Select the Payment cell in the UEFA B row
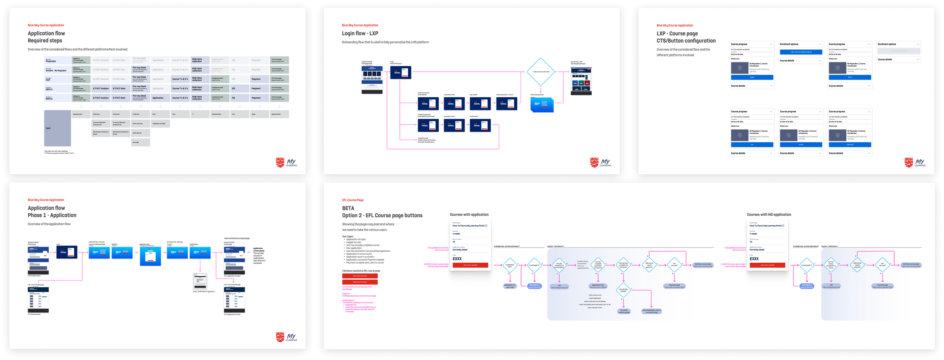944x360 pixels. click(259, 98)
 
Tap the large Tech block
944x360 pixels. click(57, 128)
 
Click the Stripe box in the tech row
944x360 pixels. click(259, 114)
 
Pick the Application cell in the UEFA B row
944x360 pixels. click(160, 98)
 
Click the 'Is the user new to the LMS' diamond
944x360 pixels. click(540, 71)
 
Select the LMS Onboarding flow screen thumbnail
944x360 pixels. click(542, 104)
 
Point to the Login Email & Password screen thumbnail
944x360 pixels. click(400, 72)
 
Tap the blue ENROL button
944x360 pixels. click(752, 77)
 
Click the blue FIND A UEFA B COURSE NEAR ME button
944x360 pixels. click(801, 52)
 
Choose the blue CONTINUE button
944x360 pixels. click(850, 145)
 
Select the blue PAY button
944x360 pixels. click(752, 145)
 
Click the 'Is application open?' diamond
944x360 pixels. click(510, 265)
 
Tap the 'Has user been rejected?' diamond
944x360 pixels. click(623, 290)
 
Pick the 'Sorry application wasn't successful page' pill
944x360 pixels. click(651, 311)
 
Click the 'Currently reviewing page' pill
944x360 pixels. click(623, 311)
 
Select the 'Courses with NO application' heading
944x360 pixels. click(768, 215)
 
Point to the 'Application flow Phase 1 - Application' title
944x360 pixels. click(52, 211)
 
